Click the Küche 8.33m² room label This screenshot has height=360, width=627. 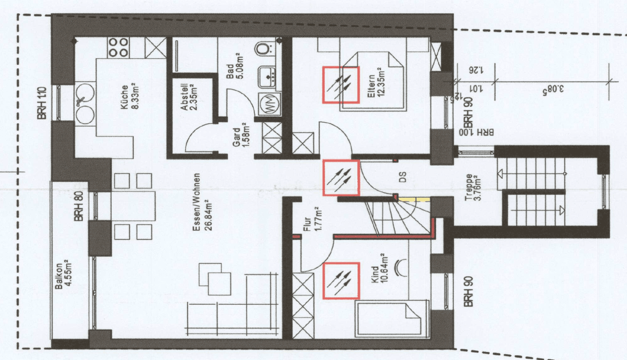pos(130,96)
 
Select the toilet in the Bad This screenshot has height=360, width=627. pos(263,48)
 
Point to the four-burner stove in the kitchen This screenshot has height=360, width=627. pos(118,48)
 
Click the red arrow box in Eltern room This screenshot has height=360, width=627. pos(341,85)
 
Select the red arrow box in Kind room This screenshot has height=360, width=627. pos(341,281)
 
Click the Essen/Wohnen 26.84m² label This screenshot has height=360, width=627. pos(202,202)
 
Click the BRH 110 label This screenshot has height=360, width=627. pos(42,103)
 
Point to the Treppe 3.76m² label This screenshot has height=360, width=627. pos(473,187)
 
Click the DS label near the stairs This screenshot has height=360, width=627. pos(403,177)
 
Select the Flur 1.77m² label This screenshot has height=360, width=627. pos(312,219)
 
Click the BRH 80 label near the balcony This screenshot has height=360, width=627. pos(79,206)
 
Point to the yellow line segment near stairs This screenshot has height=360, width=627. pos(414,199)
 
